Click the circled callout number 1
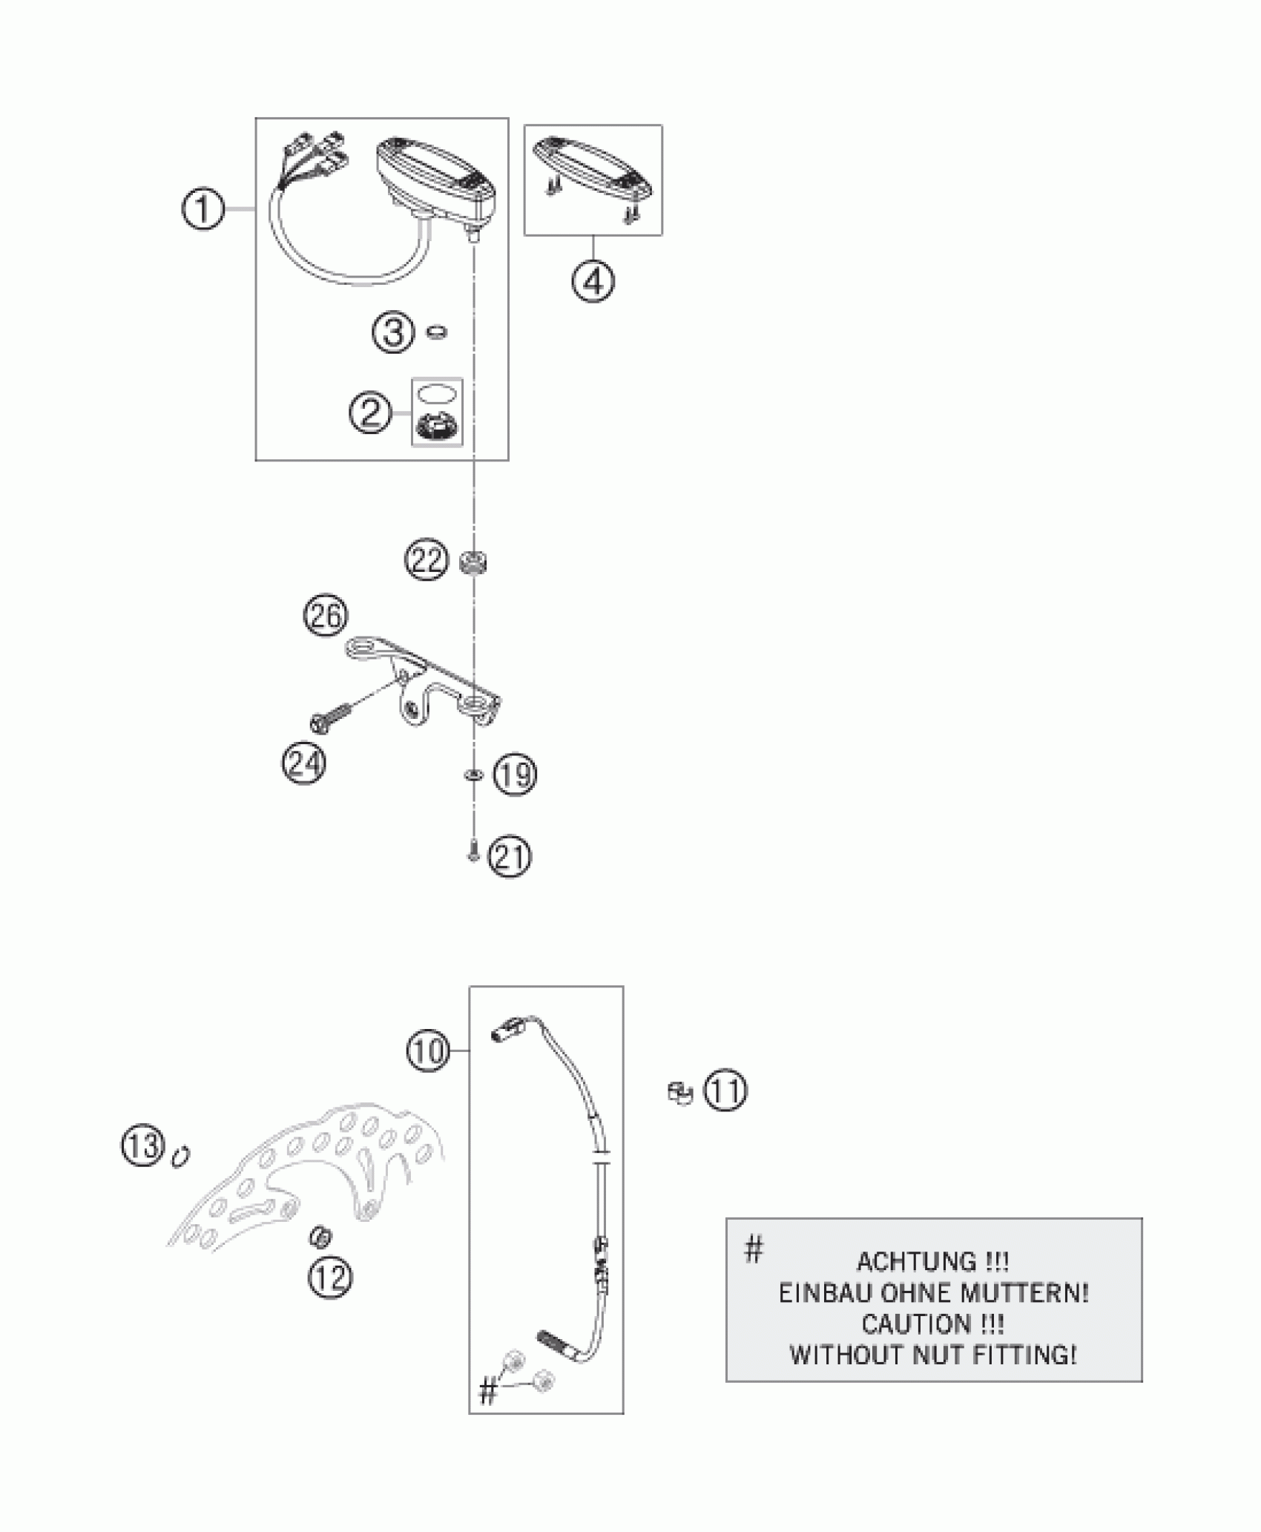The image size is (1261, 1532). (203, 210)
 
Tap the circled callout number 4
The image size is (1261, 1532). (593, 281)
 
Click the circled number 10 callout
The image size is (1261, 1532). (429, 1051)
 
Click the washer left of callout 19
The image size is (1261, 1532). (470, 775)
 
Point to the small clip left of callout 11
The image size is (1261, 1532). (679, 1093)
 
